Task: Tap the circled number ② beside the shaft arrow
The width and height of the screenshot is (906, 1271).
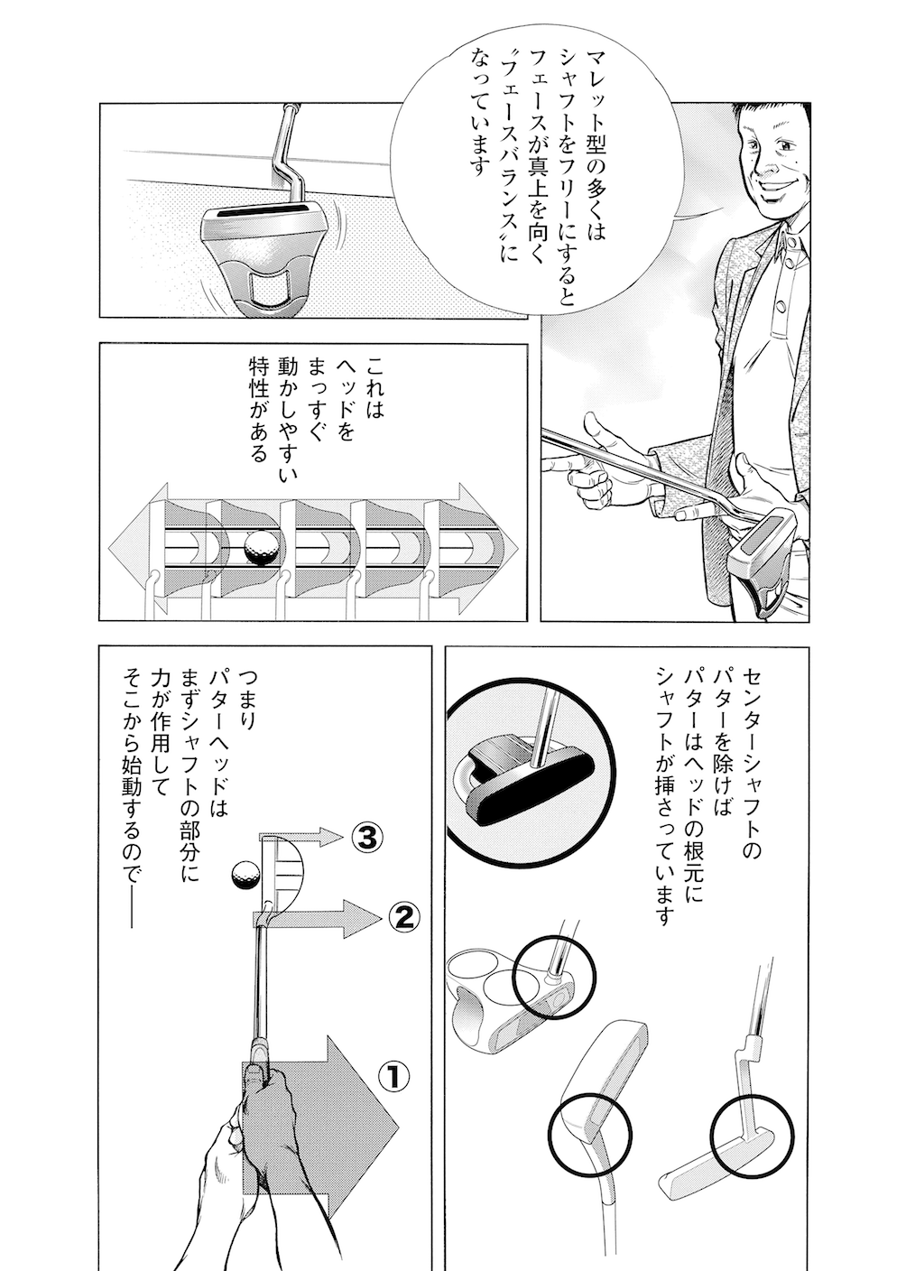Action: coord(402,918)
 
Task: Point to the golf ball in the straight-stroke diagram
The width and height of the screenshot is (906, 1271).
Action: coord(261,547)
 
